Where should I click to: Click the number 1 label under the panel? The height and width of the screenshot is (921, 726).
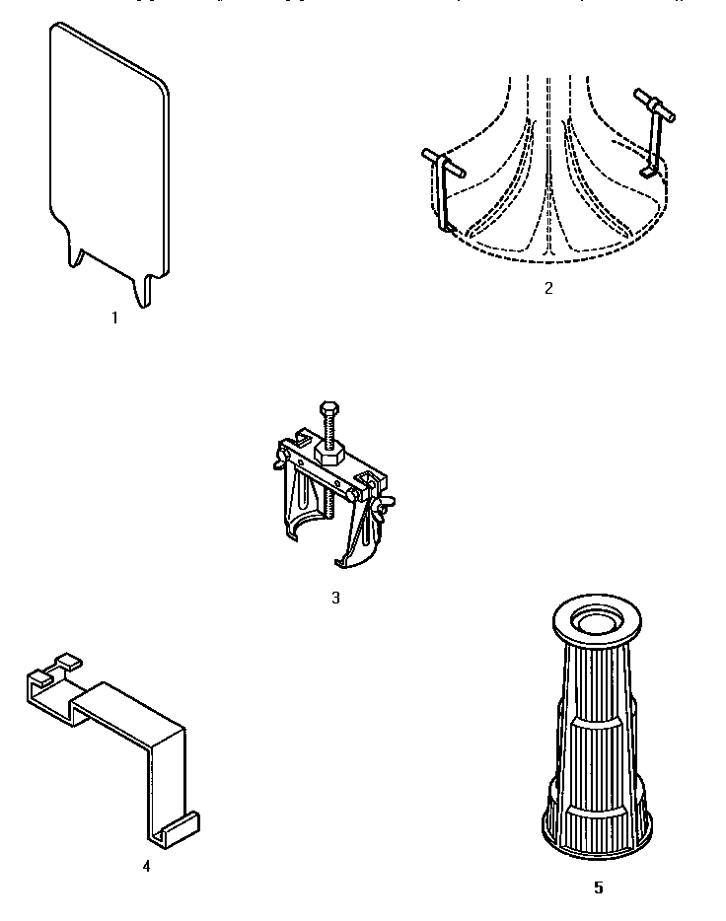point(114,319)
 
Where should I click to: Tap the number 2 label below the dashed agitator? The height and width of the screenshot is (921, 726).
point(548,289)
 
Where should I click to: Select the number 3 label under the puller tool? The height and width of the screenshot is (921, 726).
point(335,598)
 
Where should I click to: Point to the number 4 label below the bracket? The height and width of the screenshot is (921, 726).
point(146,866)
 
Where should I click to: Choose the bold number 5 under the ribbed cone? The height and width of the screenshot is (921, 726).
point(598,887)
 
